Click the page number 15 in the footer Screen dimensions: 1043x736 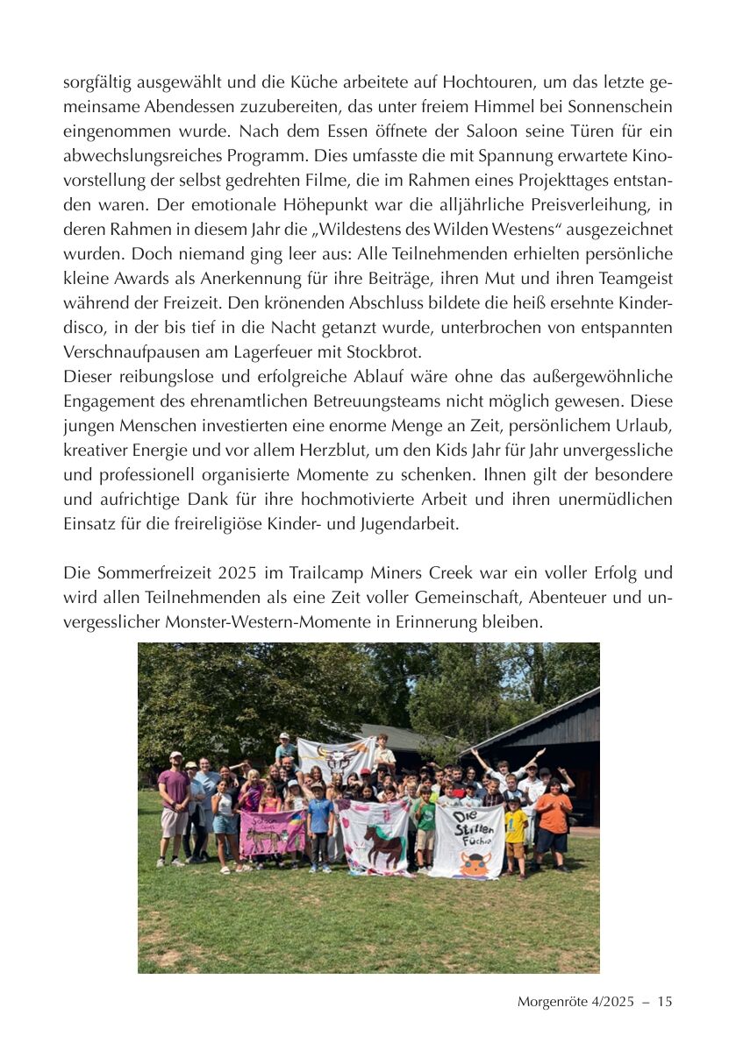click(664, 1001)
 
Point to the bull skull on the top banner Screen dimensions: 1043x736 click(337, 756)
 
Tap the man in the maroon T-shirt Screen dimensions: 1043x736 click(174, 801)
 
